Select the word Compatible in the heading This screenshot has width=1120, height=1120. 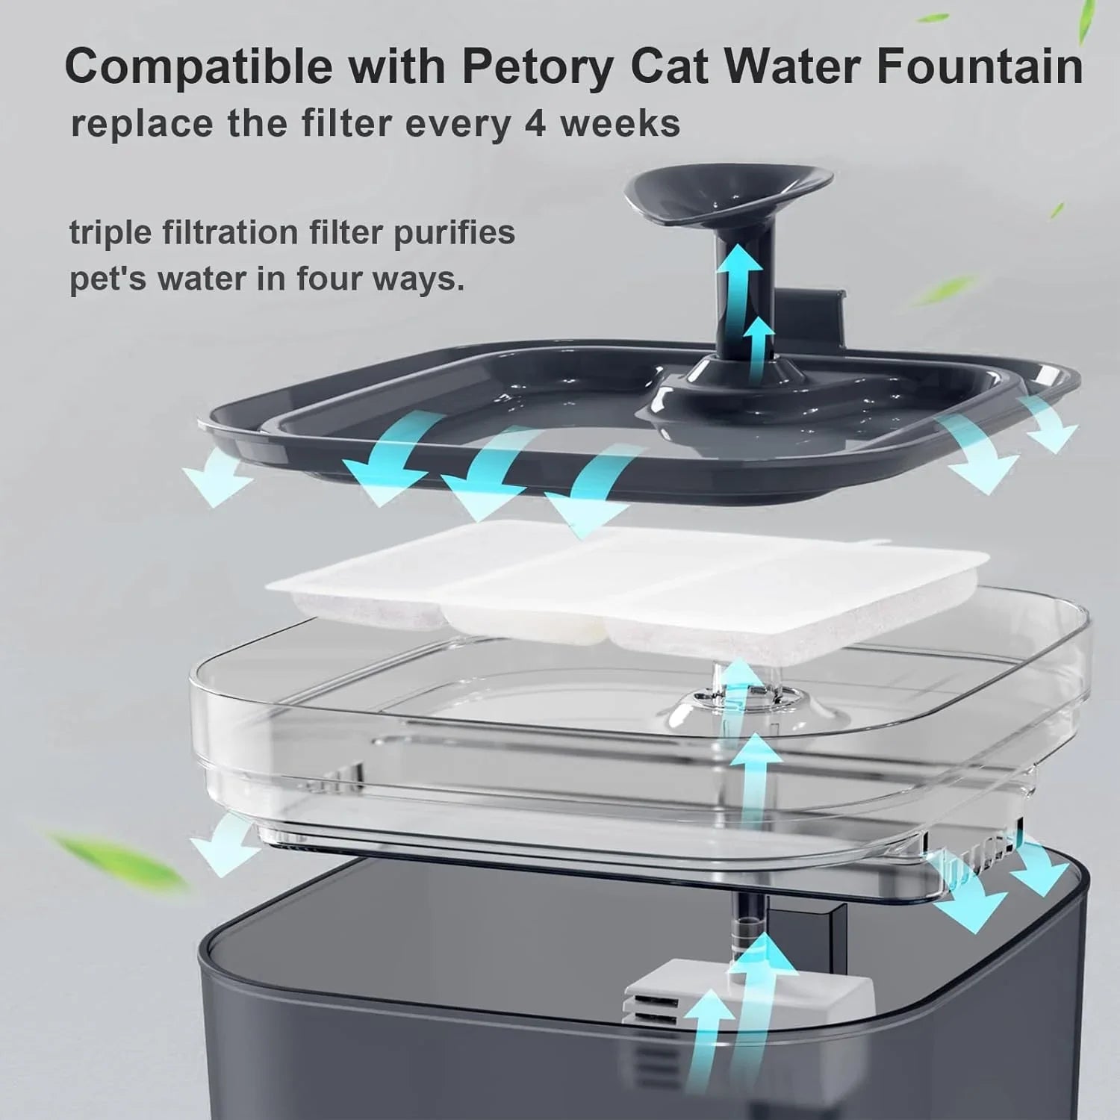pyautogui.click(x=199, y=67)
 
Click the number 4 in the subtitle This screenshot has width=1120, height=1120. pyautogui.click(x=535, y=122)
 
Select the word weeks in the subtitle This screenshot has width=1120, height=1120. pyautogui.click(x=620, y=122)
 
